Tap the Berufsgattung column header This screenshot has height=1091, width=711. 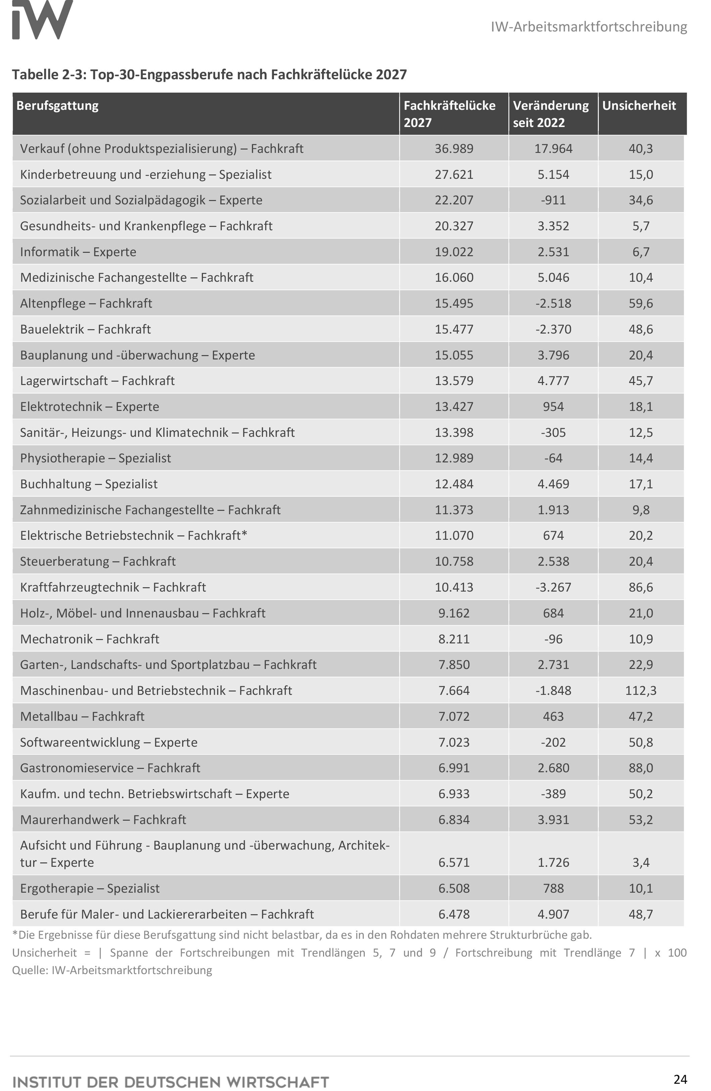point(57,106)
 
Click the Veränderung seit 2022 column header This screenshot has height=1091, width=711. point(550,114)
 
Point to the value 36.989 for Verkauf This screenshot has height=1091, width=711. point(454,149)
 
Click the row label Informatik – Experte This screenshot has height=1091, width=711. point(78,252)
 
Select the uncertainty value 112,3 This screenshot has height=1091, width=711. point(640,691)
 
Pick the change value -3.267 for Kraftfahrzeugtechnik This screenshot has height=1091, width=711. point(553,587)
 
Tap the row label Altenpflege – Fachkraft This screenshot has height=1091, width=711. point(86,304)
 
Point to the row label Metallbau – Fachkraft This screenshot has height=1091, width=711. point(82,716)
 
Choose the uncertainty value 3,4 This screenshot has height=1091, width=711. point(640,862)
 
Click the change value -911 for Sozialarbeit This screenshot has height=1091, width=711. point(553,200)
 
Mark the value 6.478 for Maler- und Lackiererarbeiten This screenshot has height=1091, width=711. point(454,914)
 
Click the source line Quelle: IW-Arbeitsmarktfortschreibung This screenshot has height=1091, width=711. point(112,970)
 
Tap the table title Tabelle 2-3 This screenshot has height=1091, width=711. point(209,74)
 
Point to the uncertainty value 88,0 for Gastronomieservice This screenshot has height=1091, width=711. point(640,768)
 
